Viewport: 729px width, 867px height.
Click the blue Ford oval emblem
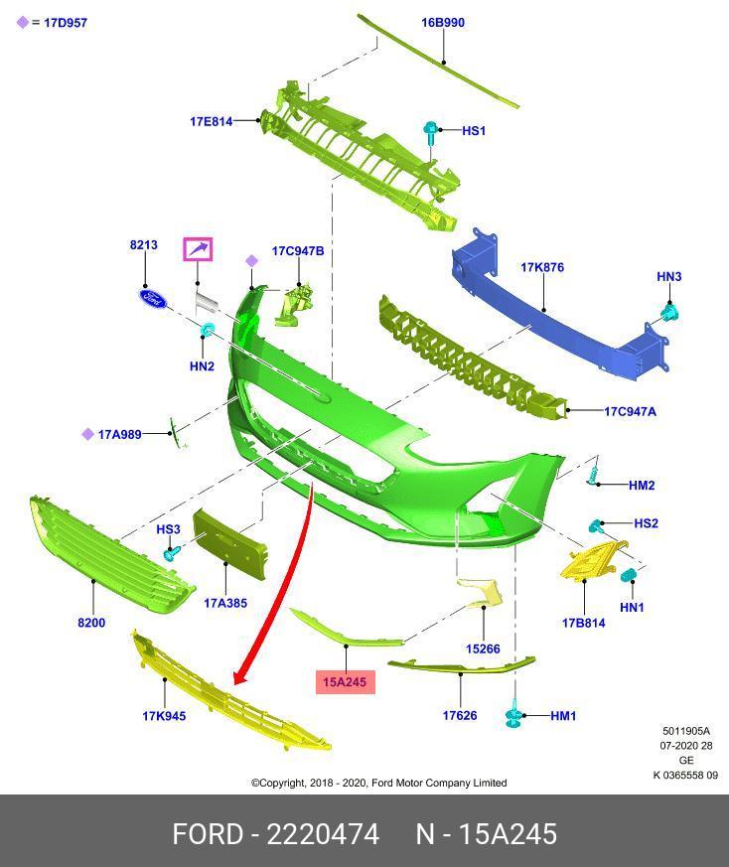click(x=152, y=299)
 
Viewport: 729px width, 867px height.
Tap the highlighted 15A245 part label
click(x=345, y=681)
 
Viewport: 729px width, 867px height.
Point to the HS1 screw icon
click(x=430, y=133)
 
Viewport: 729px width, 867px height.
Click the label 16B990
click(x=443, y=23)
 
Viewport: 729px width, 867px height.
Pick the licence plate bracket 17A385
click(x=229, y=542)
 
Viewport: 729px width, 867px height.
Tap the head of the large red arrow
click(x=241, y=675)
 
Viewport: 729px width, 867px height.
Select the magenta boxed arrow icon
click(x=198, y=249)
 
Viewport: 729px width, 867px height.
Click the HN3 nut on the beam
click(x=670, y=314)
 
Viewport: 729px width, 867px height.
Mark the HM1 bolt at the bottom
click(x=513, y=715)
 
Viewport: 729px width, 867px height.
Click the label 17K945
click(x=164, y=716)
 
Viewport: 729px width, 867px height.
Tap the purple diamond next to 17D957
click(x=22, y=23)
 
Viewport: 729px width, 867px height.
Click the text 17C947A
click(x=630, y=411)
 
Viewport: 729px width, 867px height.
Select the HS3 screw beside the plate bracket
click(x=172, y=552)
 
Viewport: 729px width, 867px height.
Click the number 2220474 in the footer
click(x=323, y=834)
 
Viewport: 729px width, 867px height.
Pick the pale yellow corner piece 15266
click(x=480, y=593)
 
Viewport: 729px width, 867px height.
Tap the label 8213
click(x=144, y=245)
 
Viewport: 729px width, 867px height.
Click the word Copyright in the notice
click(x=283, y=783)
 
